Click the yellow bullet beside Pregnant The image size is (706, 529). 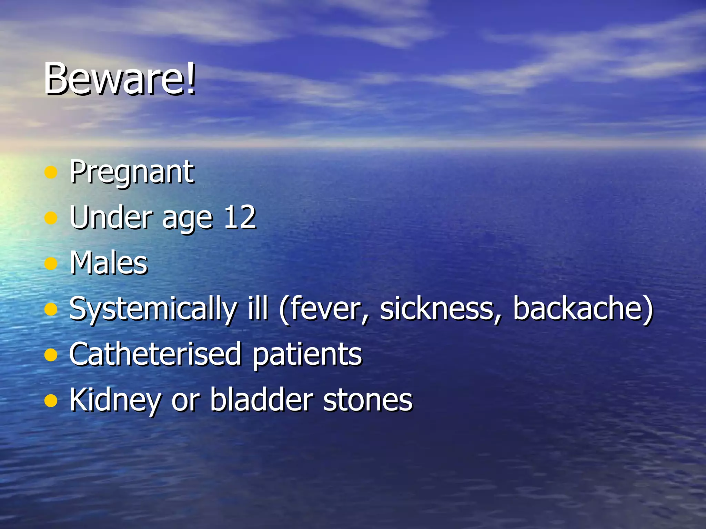(51, 172)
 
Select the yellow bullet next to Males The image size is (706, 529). (51, 263)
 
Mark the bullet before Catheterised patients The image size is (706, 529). (51, 355)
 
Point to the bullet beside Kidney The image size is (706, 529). (51, 401)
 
